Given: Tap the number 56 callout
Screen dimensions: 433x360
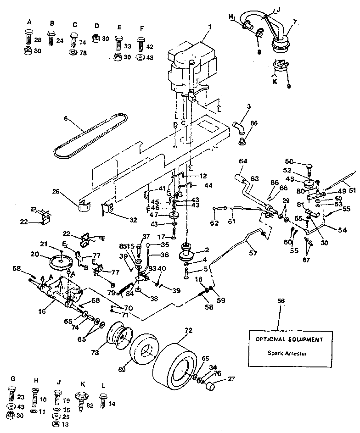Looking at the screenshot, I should point(281,300).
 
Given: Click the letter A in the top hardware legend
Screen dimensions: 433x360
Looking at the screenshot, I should point(29,22).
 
